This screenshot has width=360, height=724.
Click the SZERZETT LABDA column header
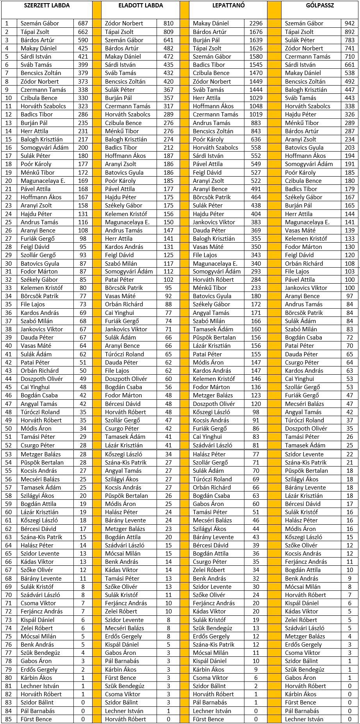coord(47,5)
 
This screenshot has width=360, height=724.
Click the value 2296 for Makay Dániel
coord(256,23)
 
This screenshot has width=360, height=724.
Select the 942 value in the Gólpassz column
coord(349,23)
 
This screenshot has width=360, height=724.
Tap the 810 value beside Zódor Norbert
coord(168,23)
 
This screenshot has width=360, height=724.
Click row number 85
coord(9,719)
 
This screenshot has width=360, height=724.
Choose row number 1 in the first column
coord(7,23)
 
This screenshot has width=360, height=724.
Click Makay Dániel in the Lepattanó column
coord(211,23)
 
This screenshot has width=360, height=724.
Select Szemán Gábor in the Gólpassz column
coord(304,23)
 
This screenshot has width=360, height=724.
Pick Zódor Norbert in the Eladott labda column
coord(124,23)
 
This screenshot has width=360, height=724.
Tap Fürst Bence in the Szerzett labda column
coord(36,719)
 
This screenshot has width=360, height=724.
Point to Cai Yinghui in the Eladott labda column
coord(119,313)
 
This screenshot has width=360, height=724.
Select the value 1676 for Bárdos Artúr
coord(256,32)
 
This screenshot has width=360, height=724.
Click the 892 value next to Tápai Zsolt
coord(349,32)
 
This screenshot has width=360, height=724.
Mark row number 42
coord(9,362)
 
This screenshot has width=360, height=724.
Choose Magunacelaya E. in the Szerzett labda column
coord(43,181)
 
